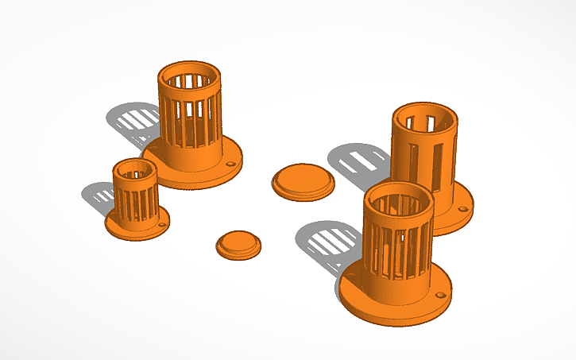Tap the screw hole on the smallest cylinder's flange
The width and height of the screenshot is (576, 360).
162,224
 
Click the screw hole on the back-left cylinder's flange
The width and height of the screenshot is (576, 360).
230,165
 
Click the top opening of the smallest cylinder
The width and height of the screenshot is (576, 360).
134,168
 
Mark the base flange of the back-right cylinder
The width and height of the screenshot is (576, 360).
457,219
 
